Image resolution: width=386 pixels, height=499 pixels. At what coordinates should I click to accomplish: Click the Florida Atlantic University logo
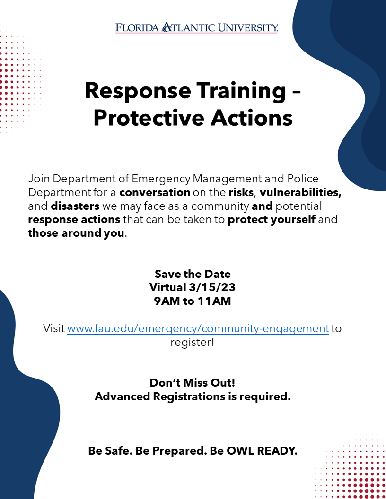tap(196, 28)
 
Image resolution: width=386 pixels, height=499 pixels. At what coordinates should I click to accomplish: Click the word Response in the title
tap(138, 91)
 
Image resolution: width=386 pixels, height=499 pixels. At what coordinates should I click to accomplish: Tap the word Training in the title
tap(241, 91)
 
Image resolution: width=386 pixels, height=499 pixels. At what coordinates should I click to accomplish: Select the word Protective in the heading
tap(149, 118)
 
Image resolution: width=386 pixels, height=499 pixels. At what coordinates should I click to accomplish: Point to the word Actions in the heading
tap(251, 118)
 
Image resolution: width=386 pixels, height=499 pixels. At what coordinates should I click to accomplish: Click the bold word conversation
tap(155, 192)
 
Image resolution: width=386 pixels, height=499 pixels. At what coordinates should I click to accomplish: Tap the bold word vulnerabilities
tap(301, 192)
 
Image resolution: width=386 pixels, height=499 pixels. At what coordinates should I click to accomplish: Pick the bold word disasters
tap(75, 206)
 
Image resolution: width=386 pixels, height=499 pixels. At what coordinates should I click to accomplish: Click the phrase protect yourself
tap(272, 220)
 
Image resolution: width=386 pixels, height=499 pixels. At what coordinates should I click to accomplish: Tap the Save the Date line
tap(193, 274)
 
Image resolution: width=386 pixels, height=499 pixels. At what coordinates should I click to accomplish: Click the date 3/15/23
tap(212, 287)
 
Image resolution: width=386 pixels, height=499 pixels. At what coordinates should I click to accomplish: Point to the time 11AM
tap(214, 301)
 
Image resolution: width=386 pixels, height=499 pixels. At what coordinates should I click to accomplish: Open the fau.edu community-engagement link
tap(198, 328)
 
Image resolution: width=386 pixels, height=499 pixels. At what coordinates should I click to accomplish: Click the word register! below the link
tap(193, 343)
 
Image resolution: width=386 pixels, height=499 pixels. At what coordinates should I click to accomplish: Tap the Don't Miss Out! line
tap(193, 383)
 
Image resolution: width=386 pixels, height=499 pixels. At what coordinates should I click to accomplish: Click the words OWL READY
tap(262, 451)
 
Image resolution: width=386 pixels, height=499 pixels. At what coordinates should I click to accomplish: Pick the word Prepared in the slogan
tap(179, 451)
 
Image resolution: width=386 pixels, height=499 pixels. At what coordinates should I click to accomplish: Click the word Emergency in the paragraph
tap(161, 179)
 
